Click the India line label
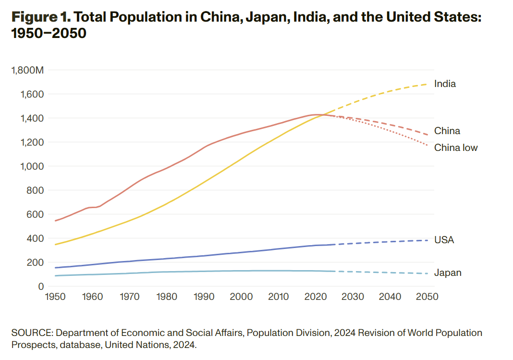(445, 84)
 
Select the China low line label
(456, 148)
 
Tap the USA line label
(444, 240)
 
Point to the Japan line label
(448, 273)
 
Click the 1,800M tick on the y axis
(27, 71)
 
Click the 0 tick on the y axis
(41, 286)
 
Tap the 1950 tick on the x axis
(55, 297)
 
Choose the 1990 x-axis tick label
(204, 297)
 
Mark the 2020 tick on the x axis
(316, 297)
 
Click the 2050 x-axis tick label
(427, 297)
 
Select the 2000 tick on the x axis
(241, 297)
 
